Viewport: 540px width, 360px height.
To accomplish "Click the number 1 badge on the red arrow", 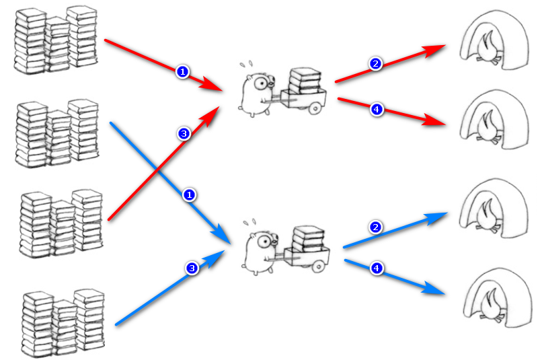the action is pos(182,71).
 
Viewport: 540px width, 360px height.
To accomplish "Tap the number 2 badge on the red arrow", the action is pos(375,64).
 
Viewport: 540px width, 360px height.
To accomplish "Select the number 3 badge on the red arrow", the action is pos(184,134).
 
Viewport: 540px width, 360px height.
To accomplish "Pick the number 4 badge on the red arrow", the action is pos(377,110).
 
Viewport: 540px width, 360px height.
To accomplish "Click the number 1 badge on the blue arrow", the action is pos(189,195).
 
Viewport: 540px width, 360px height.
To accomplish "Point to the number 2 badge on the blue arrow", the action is pos(375,227).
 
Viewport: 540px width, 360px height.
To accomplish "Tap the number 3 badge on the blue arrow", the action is pos(192,268).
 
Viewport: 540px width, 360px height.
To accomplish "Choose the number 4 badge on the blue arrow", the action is pos(377,268).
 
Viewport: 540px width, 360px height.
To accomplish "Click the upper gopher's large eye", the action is pos(261,83).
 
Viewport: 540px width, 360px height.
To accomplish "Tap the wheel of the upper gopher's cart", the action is pos(315,109).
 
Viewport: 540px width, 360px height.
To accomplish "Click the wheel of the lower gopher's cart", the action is pos(319,266).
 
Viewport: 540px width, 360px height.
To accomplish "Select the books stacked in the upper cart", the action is pos(305,81).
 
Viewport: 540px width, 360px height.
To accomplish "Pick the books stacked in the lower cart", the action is pos(308,239).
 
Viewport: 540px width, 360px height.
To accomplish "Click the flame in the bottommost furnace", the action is pos(491,304).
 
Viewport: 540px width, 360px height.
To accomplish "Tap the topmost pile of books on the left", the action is pos(56,40).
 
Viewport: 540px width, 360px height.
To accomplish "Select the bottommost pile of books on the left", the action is pos(63,323).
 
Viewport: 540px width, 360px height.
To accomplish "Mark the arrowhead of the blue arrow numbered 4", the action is pos(433,289).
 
